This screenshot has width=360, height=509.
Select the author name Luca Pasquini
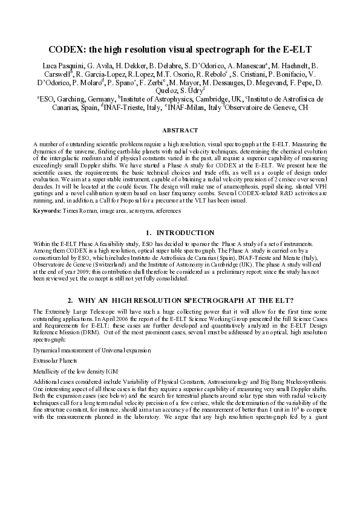point(62,63)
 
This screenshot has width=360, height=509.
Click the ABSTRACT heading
point(180,130)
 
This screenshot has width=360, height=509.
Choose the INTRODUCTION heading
point(185,232)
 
